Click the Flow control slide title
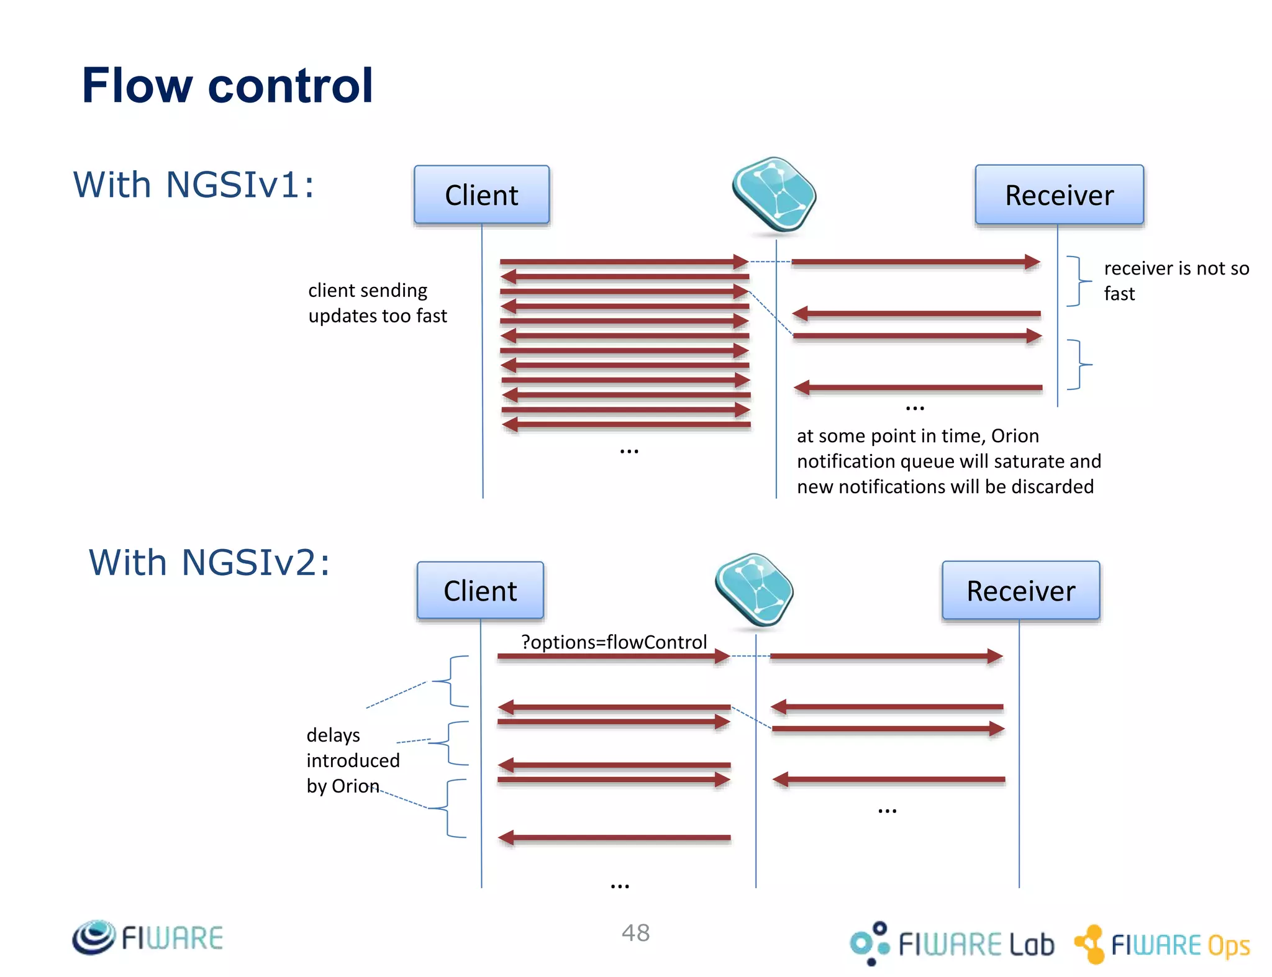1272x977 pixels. [x=227, y=86]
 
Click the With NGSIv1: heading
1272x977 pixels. [x=194, y=185]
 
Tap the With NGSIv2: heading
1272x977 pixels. [x=209, y=563]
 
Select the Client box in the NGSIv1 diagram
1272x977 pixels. [x=481, y=195]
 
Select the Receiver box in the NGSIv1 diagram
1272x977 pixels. [x=1059, y=195]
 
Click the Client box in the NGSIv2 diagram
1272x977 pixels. [x=480, y=591]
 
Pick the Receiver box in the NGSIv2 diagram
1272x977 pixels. [x=1020, y=591]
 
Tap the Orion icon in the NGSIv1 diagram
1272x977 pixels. [x=774, y=194]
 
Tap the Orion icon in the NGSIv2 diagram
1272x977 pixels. [x=754, y=589]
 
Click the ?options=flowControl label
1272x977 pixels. [x=614, y=642]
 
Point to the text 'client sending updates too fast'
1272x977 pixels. [x=377, y=303]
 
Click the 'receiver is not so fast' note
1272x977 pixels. [x=1176, y=280]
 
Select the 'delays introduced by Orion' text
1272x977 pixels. [x=352, y=760]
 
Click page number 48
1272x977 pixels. [x=635, y=933]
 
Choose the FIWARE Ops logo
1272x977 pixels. [x=1161, y=944]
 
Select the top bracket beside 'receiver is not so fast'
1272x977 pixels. [x=1079, y=281]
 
